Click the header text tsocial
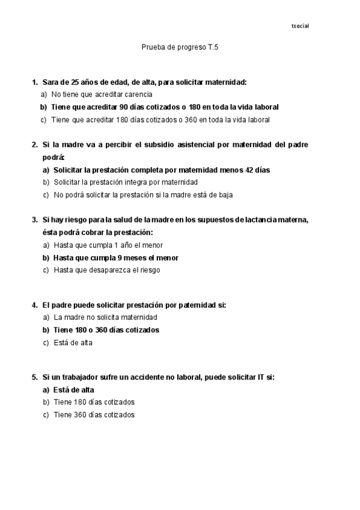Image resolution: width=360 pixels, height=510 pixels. click(300, 26)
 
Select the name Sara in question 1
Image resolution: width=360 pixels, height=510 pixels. click(50, 82)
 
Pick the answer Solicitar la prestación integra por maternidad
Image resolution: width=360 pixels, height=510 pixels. click(126, 182)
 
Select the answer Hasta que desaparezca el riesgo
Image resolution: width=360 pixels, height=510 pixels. click(106, 270)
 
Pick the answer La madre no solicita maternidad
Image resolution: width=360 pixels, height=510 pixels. click(105, 317)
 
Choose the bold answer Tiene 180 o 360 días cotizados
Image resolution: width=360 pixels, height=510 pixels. click(106, 330)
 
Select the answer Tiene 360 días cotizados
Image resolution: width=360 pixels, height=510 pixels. click(94, 414)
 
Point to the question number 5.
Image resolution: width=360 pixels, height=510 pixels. click(34, 377)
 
